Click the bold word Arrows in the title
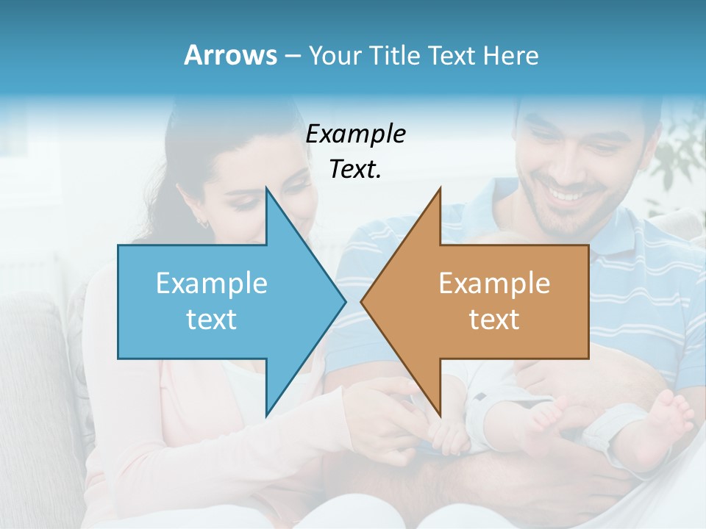click(x=230, y=55)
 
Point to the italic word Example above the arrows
click(x=356, y=134)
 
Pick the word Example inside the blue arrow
click(x=212, y=284)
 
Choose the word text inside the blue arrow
click(x=212, y=319)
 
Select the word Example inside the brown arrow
click(x=494, y=284)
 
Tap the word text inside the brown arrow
click(x=494, y=319)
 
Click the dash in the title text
click(x=292, y=56)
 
